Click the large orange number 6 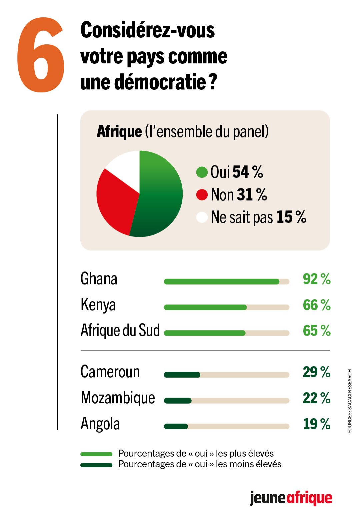tap(41, 55)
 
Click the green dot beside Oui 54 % tap(202, 172)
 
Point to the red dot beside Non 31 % tap(202, 195)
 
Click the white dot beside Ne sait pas tap(202, 217)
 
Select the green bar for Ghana tap(222, 282)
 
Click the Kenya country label tap(98, 305)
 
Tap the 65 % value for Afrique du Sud tap(316, 331)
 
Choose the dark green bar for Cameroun tap(182, 375)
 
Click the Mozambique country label tap(118, 398)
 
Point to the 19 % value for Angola tap(316, 424)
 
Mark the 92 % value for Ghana tap(316, 279)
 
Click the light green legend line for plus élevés tap(96, 454)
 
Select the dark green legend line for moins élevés tap(96, 465)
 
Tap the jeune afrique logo tap(291, 498)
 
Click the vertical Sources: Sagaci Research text tap(350, 401)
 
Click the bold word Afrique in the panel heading tap(119, 131)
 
